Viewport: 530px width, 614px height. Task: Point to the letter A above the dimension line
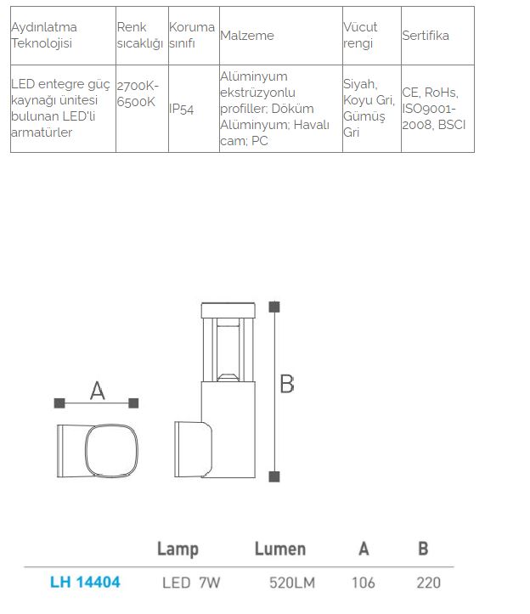[98, 391]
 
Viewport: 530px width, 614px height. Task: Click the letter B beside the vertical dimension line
[287, 384]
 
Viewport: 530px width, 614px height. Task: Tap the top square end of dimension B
[274, 307]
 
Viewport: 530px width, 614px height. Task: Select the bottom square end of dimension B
[274, 476]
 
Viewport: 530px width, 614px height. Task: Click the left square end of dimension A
[59, 403]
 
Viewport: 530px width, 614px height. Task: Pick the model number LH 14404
[85, 583]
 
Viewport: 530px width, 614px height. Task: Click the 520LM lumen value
[292, 583]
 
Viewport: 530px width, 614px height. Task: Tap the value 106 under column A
[364, 583]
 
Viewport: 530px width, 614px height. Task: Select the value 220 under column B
[429, 583]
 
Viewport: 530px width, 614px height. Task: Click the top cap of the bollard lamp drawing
[228, 310]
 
